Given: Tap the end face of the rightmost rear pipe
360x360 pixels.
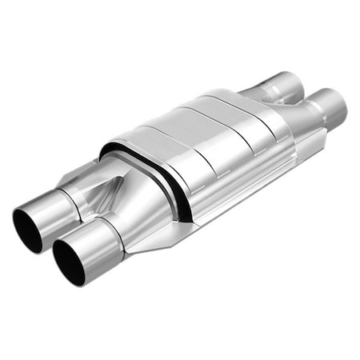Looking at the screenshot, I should [x=338, y=102].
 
